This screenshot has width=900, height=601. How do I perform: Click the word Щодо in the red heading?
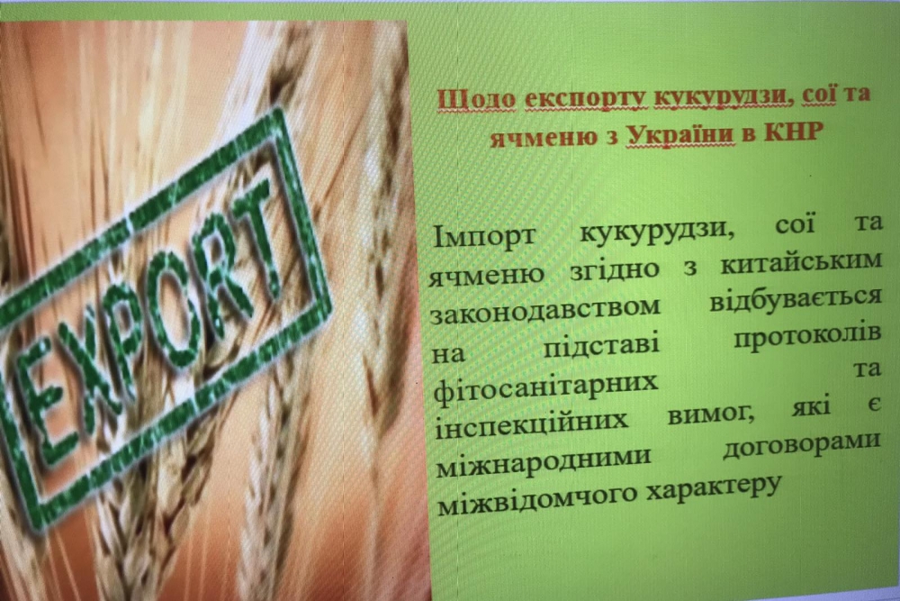476,99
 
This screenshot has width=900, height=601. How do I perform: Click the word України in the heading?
680,135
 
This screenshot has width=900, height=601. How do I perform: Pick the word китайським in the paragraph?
801,262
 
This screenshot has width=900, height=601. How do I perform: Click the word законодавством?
545,310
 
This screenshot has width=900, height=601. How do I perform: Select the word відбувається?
796,297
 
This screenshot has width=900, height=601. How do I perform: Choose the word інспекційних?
532,425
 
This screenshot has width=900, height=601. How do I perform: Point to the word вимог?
711,414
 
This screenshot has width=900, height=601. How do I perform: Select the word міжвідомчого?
536,500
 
